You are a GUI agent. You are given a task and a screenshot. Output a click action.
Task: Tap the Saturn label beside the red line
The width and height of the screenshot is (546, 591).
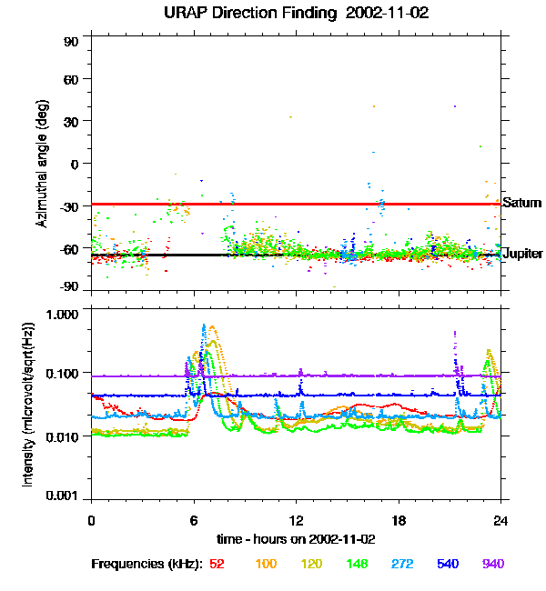pyautogui.click(x=521, y=203)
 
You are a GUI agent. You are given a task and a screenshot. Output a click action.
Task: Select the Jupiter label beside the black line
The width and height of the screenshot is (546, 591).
pyautogui.click(x=523, y=254)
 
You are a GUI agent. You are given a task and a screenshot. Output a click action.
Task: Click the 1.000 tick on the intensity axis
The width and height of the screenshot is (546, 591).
pyautogui.click(x=65, y=313)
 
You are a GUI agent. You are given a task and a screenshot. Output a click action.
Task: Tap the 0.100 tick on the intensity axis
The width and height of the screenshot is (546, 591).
pyautogui.click(x=65, y=374)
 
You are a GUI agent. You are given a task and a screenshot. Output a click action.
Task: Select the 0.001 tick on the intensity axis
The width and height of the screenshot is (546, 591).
pyautogui.click(x=65, y=496)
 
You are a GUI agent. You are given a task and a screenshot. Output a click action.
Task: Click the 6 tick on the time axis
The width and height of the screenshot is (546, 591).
pyautogui.click(x=194, y=520)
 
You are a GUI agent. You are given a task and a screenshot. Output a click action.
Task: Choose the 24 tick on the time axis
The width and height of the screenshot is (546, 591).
pyautogui.click(x=500, y=520)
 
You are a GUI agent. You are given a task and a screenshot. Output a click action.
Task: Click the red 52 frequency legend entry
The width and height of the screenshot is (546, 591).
pyautogui.click(x=217, y=564)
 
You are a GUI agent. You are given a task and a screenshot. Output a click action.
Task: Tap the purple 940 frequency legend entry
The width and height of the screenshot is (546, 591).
pyautogui.click(x=493, y=564)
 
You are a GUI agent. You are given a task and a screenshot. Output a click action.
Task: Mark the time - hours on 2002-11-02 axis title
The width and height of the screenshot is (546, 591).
pyautogui.click(x=297, y=539)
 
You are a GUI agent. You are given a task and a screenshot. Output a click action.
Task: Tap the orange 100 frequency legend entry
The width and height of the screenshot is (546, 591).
pyautogui.click(x=266, y=564)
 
